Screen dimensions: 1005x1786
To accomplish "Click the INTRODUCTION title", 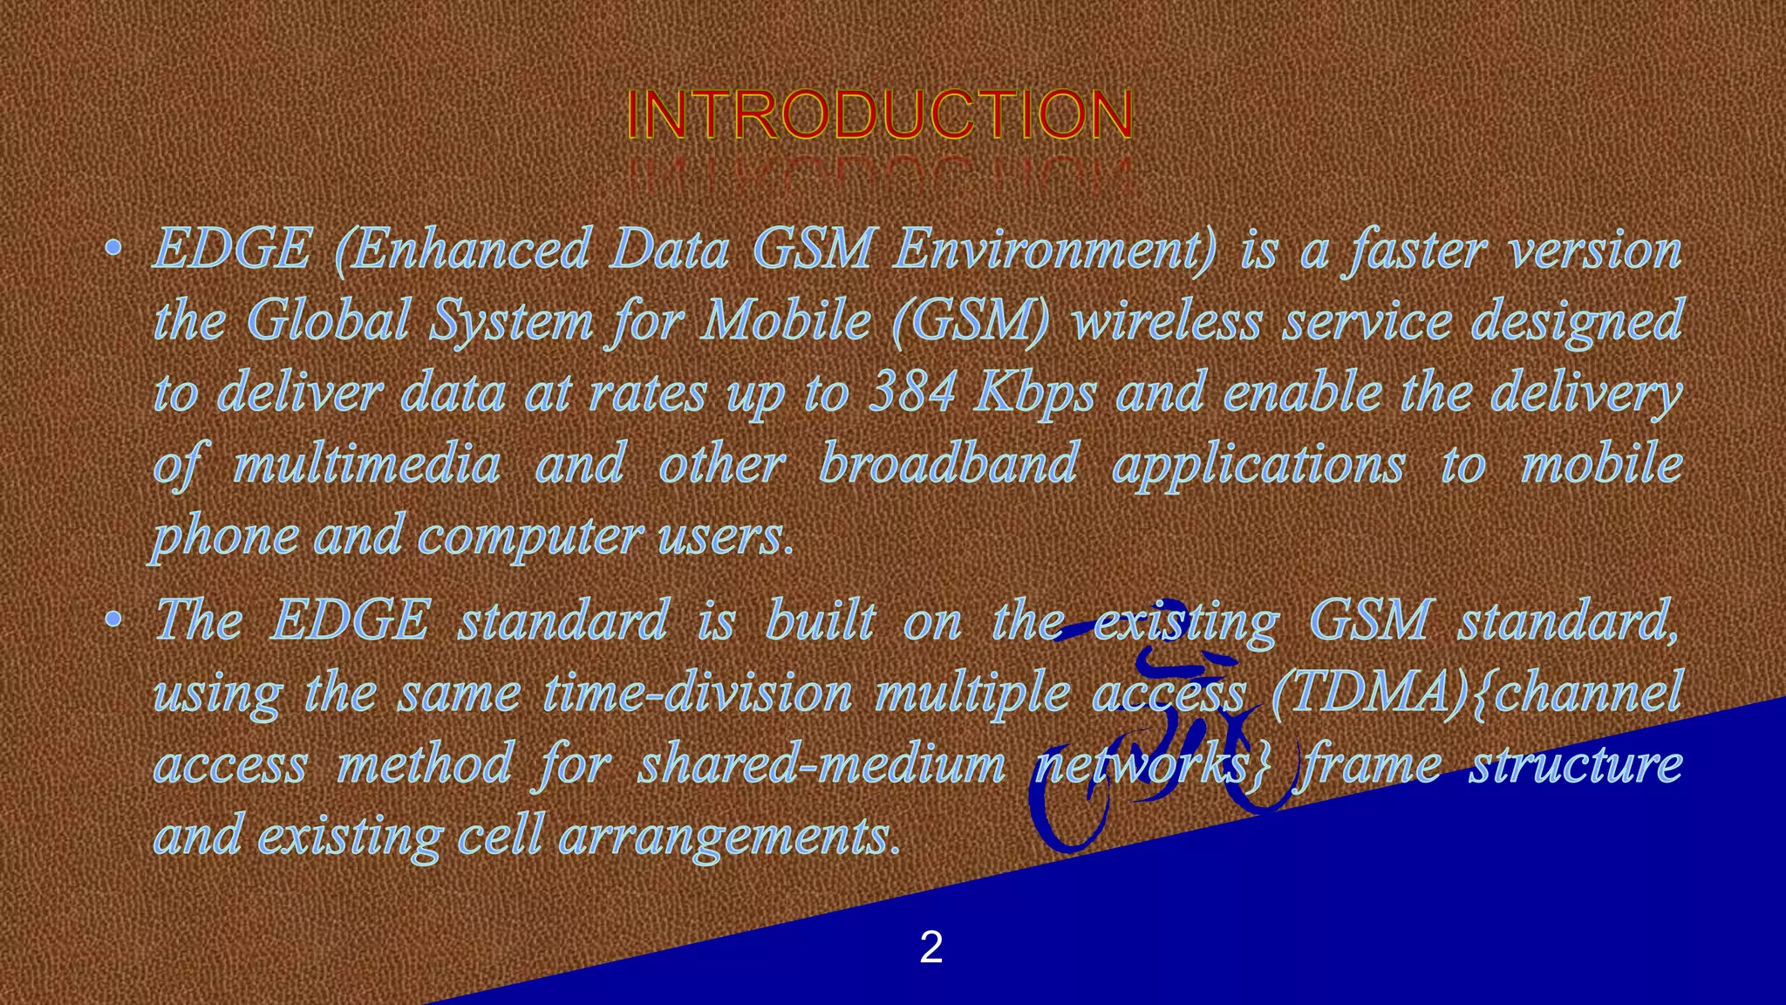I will click(x=879, y=115).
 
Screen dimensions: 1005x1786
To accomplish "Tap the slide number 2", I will click(x=930, y=947).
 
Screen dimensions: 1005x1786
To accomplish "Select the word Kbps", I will click(x=1034, y=393).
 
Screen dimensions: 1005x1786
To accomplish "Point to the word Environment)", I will click(x=1053, y=250).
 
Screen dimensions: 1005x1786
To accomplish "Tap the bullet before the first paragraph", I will click(x=112, y=250).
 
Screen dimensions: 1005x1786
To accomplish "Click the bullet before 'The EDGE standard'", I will click(x=112, y=620).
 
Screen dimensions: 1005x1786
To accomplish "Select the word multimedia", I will click(x=366, y=464).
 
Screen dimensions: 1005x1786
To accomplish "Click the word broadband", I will click(x=949, y=463).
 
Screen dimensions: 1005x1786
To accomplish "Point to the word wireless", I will click(x=1168, y=320).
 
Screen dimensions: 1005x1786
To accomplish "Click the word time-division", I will click(x=697, y=694).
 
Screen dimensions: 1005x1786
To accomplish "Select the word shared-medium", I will click(x=821, y=764).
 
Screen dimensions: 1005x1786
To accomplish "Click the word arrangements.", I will click(x=728, y=836).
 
